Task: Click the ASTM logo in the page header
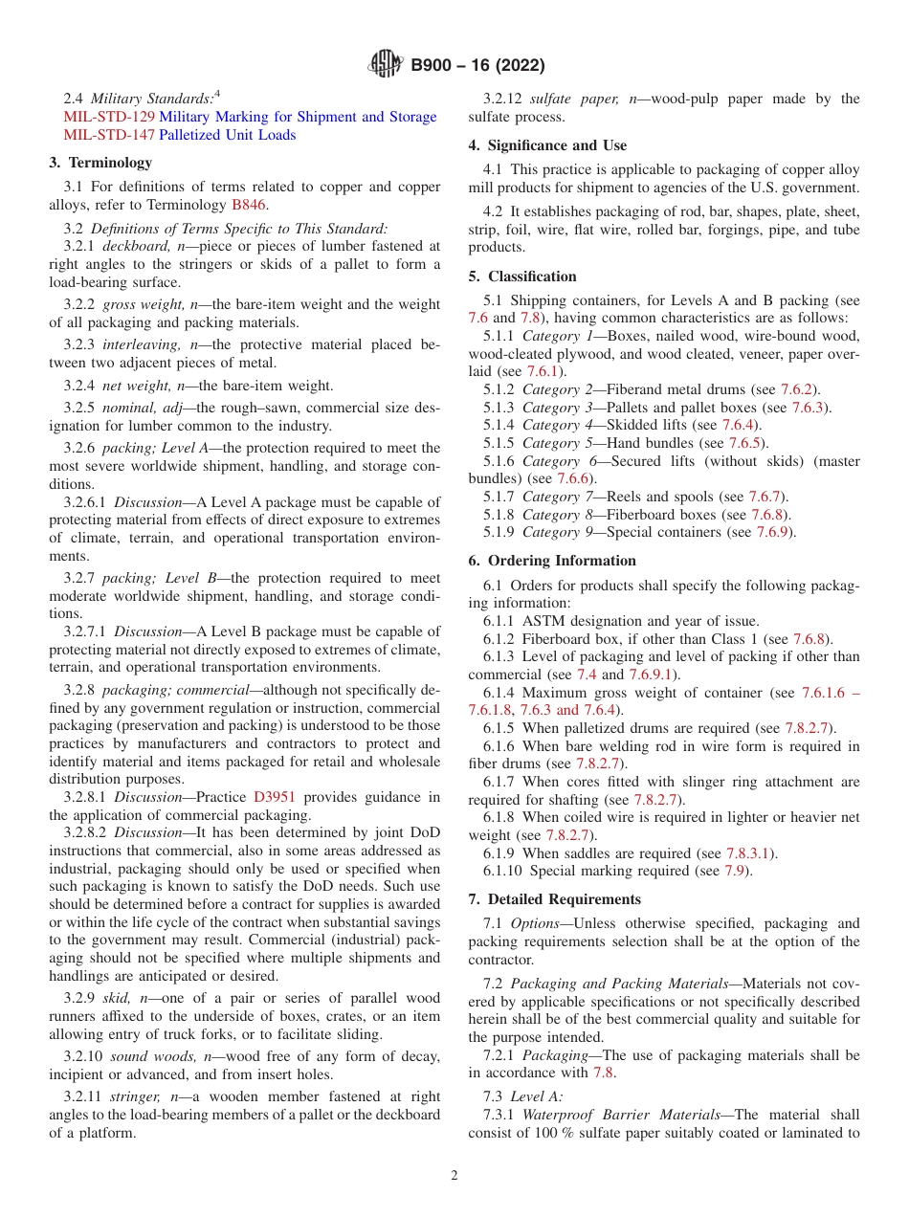pyautogui.click(x=386, y=65)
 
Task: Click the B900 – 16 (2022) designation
pyautogui.click(x=477, y=65)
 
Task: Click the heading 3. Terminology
pyautogui.click(x=100, y=163)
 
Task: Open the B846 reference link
pyautogui.click(x=249, y=204)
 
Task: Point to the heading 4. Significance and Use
pyautogui.click(x=547, y=145)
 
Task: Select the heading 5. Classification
pyautogui.click(x=522, y=277)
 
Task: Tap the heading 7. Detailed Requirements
pyautogui.click(x=555, y=899)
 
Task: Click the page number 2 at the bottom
pyautogui.click(x=454, y=1176)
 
